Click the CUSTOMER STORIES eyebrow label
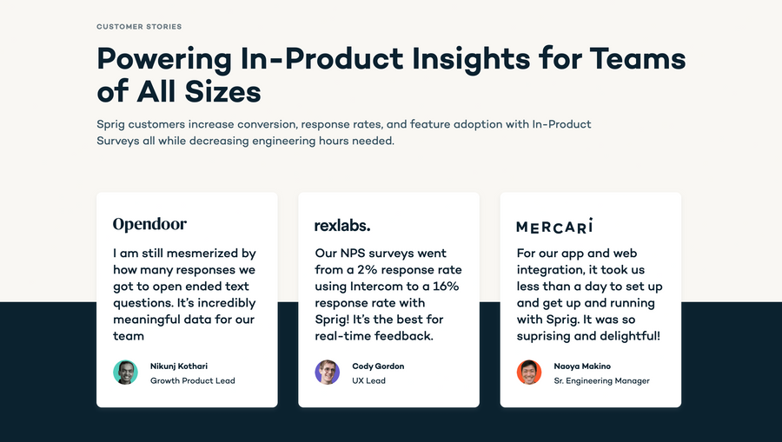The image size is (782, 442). click(x=139, y=27)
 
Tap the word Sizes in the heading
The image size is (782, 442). click(x=218, y=91)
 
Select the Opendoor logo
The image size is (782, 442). click(x=149, y=224)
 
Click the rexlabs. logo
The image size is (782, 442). click(x=342, y=225)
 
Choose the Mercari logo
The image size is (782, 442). click(x=554, y=226)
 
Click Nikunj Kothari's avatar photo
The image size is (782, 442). click(x=125, y=373)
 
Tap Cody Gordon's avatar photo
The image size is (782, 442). click(x=327, y=373)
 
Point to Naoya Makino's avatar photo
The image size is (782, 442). click(x=529, y=373)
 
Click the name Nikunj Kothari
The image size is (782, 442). click(x=179, y=366)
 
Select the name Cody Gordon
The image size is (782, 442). click(x=378, y=366)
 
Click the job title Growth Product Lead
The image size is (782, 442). click(x=192, y=380)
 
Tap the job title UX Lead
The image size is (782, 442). click(x=368, y=380)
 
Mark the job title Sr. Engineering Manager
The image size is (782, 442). click(x=601, y=380)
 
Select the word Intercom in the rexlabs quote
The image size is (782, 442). click(x=378, y=287)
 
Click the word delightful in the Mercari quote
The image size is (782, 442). click(x=626, y=336)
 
